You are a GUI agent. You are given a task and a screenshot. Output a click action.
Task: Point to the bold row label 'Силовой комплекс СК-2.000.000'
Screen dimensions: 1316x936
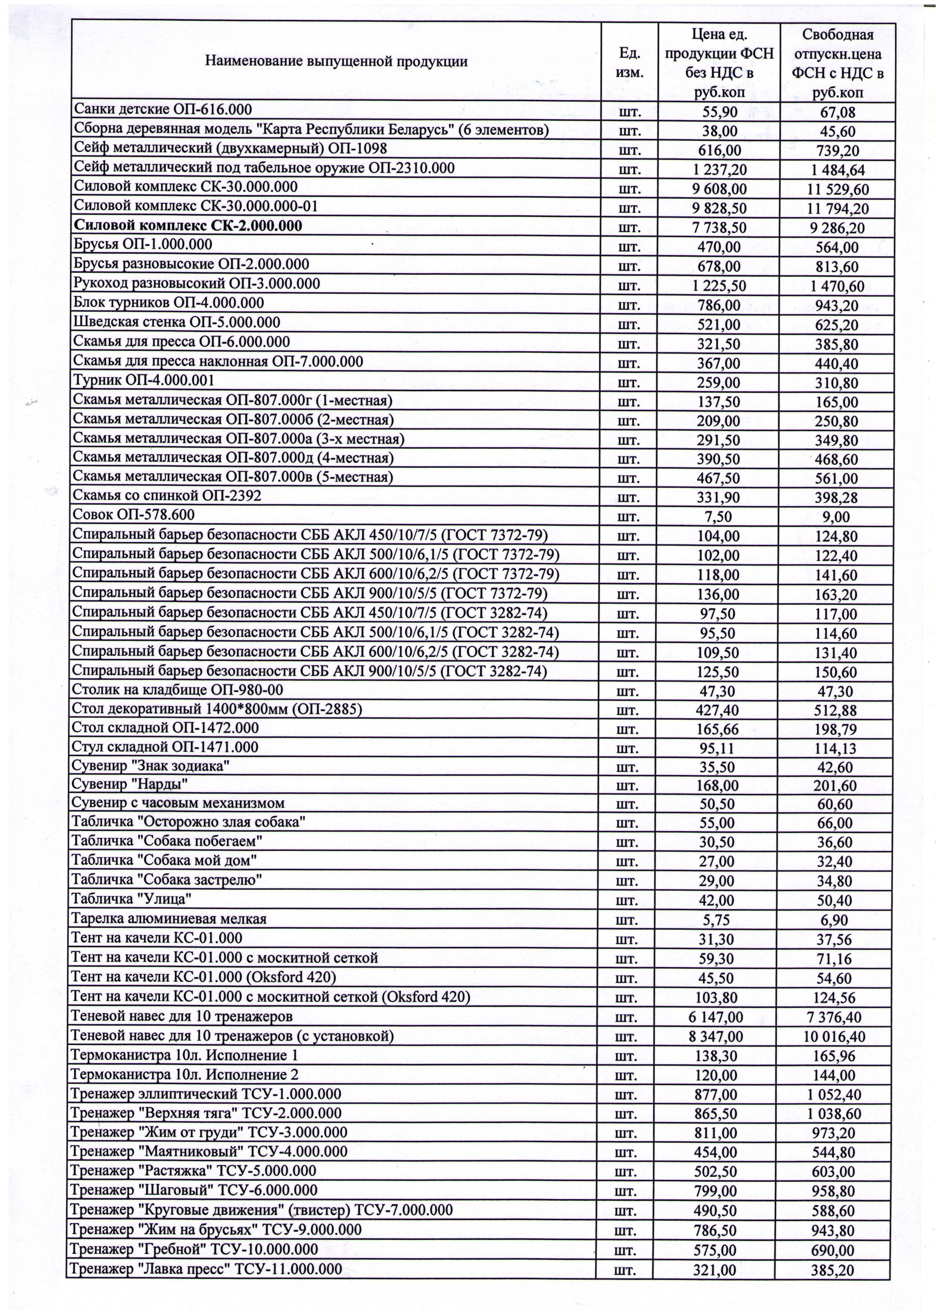(x=188, y=225)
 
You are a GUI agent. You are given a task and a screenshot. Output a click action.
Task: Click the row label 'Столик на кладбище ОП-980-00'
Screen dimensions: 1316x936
(x=177, y=690)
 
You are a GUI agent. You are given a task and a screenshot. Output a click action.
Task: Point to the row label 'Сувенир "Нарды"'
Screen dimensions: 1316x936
(x=130, y=784)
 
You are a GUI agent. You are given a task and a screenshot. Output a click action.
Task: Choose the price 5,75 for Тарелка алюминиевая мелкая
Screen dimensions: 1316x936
(x=717, y=920)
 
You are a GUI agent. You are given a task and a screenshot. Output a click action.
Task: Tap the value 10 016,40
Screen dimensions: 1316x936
(x=834, y=1037)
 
